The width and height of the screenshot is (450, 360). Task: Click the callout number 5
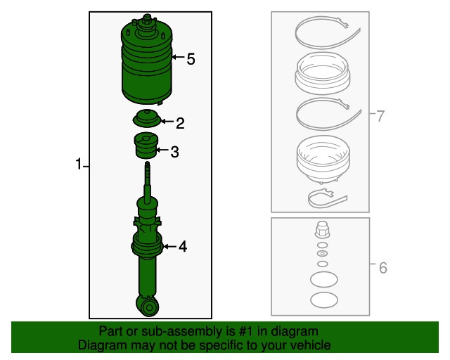pos(191,59)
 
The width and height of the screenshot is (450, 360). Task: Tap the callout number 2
pos(180,124)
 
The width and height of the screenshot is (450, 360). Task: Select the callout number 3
pos(174,151)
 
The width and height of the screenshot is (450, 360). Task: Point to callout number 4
pos(182,247)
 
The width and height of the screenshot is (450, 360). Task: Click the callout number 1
pos(79,165)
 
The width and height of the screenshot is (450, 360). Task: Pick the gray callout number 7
pos(380,116)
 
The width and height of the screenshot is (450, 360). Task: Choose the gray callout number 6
pos(382,268)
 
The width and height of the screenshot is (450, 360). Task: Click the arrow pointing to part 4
pos(169,247)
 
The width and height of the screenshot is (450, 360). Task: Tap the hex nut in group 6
pos(321,229)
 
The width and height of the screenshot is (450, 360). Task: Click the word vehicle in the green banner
pos(309,346)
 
